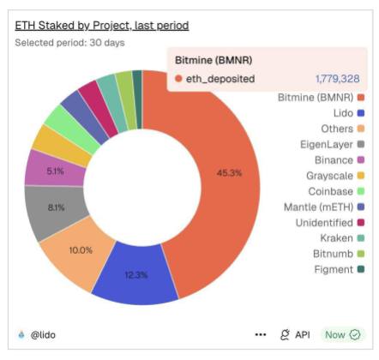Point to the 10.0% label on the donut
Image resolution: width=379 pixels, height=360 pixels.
click(80, 249)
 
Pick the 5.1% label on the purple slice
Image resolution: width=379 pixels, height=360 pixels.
click(55, 171)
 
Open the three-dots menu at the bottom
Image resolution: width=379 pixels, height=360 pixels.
click(261, 334)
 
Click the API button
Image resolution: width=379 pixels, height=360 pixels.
click(295, 334)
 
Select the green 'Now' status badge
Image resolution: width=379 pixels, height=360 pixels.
click(342, 334)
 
